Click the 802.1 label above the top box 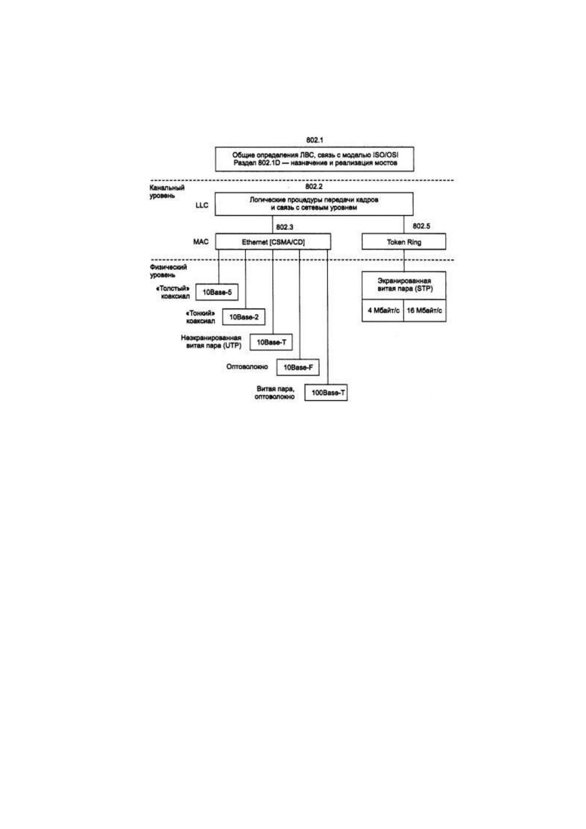pos(314,140)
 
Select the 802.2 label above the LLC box pos(314,186)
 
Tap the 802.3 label pos(284,227)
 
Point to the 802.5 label pos(421,226)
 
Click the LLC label pos(202,205)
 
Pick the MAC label pos(201,242)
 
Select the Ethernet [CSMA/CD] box pos(273,241)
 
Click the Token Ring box pos(403,241)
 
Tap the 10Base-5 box pos(217,292)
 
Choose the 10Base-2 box pos(244,317)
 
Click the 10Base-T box pos(271,342)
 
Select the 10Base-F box pos(298,368)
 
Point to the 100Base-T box pos(326,392)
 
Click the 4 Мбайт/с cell pos(383,310)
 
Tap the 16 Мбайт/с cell pos(425,310)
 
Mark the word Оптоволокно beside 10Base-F pos(247,367)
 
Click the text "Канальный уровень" pos(167,191)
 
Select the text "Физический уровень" pos(168,271)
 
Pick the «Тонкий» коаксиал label pos(200,317)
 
